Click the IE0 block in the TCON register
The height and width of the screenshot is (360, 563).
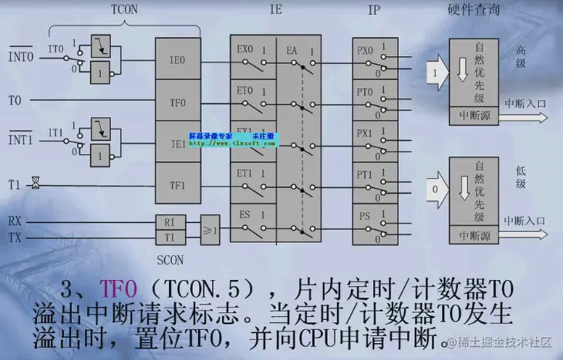coord(177,58)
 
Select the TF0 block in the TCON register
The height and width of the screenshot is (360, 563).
coord(177,101)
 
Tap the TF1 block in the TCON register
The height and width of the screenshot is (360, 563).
coord(177,186)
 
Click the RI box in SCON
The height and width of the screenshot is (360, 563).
coord(170,222)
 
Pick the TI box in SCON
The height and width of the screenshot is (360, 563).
coord(170,237)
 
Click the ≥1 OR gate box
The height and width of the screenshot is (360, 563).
coord(210,230)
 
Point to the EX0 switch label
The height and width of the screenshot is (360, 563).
coord(244,49)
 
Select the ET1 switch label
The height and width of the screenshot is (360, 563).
coord(244,173)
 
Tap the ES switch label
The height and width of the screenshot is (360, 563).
coord(244,215)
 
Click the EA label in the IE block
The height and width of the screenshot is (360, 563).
coord(292,49)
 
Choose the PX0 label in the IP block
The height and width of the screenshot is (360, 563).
coord(365,50)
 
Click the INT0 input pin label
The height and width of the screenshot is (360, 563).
coord(20,57)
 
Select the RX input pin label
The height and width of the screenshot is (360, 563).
coord(15,221)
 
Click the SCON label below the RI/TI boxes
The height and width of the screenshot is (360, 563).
coord(170,260)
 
